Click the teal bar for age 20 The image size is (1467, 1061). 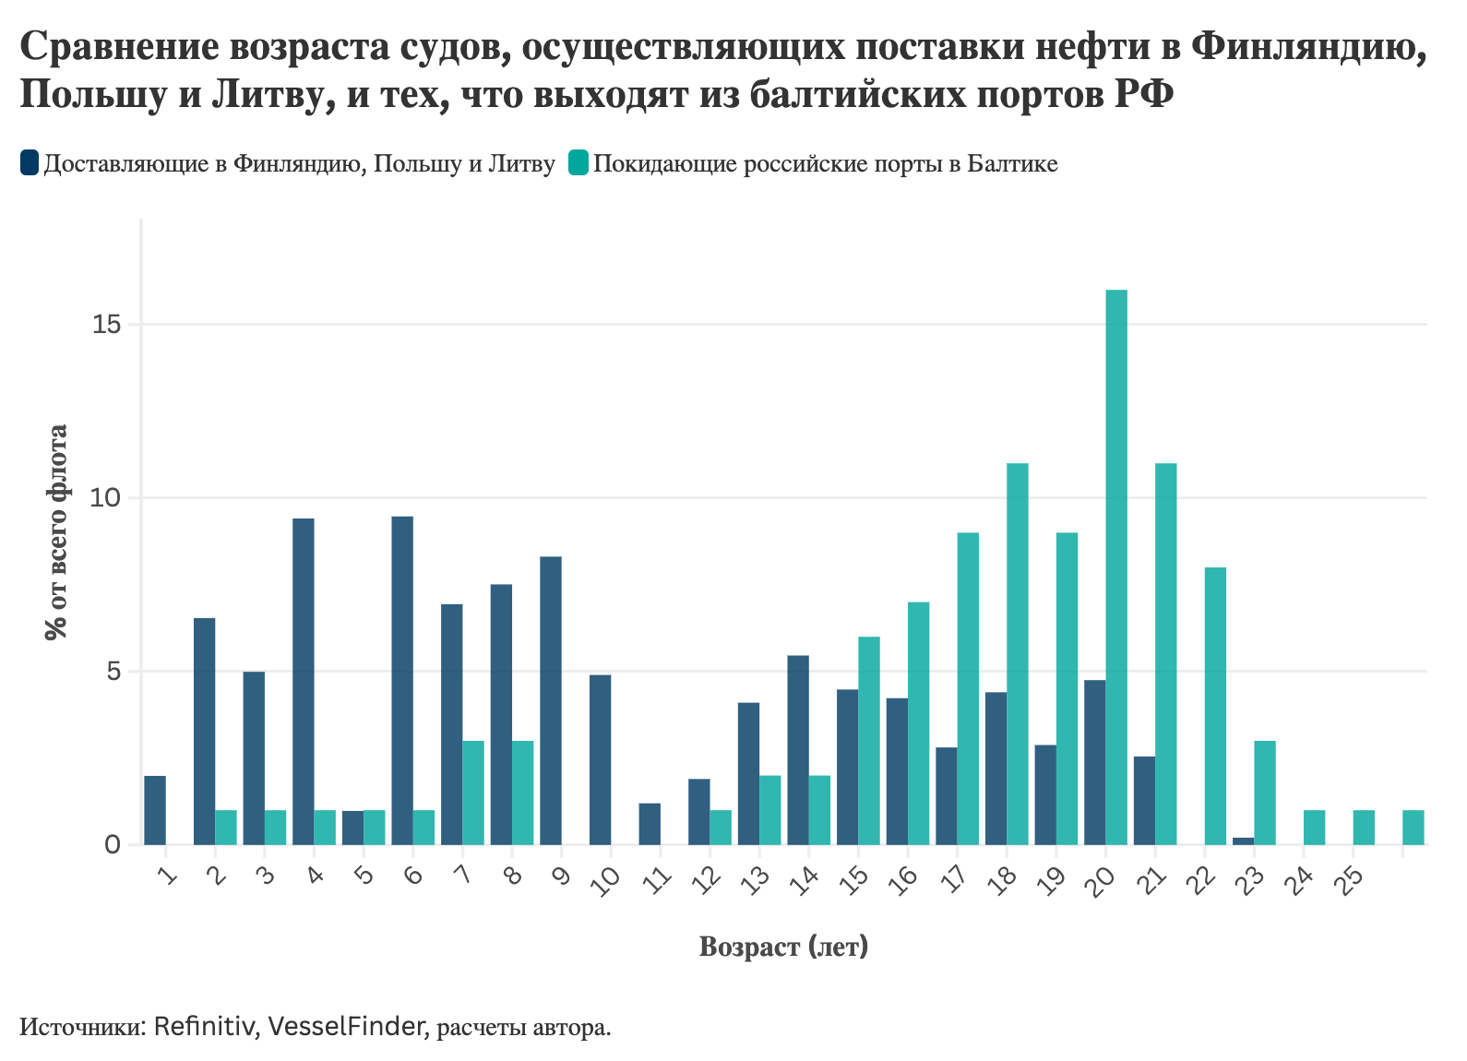click(1116, 567)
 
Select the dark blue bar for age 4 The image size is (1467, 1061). click(304, 681)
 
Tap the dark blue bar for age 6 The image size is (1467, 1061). click(402, 681)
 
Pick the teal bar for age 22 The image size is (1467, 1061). click(1215, 706)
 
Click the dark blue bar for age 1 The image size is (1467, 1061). click(155, 810)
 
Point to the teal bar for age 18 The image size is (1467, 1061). click(1018, 653)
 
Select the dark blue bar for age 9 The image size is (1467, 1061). click(551, 700)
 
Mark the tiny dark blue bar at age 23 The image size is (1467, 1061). click(1243, 840)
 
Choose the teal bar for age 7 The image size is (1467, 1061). click(473, 793)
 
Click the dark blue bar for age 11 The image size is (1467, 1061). click(650, 824)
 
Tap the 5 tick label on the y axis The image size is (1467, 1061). click(114, 672)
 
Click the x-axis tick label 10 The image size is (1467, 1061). click(605, 881)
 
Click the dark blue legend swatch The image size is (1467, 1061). click(30, 163)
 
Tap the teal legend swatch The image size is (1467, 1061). click(578, 163)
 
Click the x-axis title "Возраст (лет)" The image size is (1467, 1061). click(783, 947)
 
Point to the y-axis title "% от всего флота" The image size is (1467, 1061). click(57, 531)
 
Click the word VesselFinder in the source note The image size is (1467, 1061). click(346, 1026)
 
